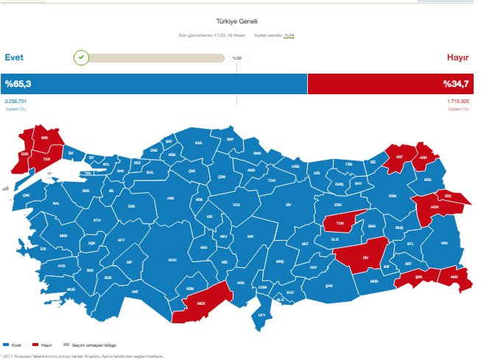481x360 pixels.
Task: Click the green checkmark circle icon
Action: [82, 57]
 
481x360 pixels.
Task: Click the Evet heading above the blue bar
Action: [15, 57]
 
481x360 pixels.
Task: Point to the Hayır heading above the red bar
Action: [458, 57]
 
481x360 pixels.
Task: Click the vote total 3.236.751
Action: [15, 100]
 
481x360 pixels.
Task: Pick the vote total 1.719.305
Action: [457, 100]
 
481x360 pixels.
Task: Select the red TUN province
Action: [340, 222]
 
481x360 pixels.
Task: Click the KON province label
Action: [172, 260]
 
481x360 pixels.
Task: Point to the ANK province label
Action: [171, 197]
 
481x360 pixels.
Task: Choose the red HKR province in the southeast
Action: [454, 278]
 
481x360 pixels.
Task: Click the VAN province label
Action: [443, 243]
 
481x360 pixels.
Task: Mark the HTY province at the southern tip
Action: [260, 315]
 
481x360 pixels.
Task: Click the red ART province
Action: [399, 157]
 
